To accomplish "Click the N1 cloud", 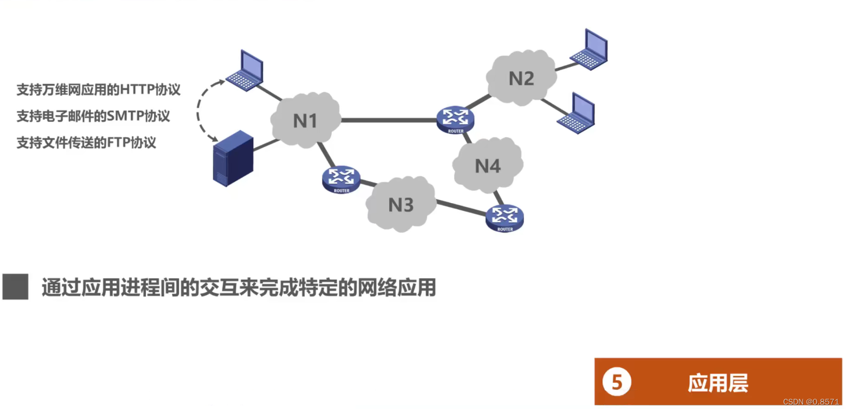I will click(305, 121).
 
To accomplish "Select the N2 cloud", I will click(521, 78).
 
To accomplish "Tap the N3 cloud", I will click(401, 204).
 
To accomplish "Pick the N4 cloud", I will click(488, 166).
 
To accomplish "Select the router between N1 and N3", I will click(341, 179).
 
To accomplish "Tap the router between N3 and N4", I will click(504, 218).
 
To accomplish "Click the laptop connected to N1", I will click(246, 71).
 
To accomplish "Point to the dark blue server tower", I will click(233, 158).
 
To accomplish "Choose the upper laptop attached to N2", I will click(590, 50).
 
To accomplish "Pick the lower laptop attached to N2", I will click(577, 114).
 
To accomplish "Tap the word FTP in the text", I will click(118, 142).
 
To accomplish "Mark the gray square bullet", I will click(15, 287).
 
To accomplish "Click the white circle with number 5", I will click(616, 382).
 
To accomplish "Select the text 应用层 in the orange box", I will click(718, 383).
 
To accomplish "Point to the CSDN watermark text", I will click(811, 402).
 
